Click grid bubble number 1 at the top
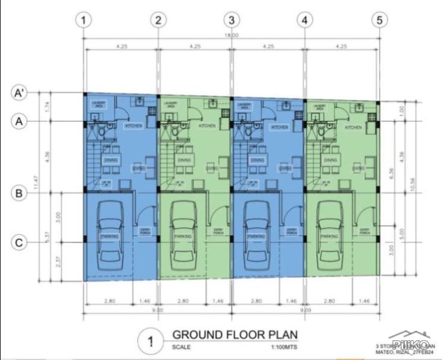(84, 20)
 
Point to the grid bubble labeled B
(20, 194)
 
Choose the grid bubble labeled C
(20, 242)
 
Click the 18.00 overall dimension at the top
(232, 35)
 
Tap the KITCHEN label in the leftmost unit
(133, 126)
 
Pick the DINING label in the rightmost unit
(329, 161)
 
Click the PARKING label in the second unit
(183, 236)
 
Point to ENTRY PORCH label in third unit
(291, 232)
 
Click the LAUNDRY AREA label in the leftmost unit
(99, 105)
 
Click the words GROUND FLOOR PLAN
(234, 334)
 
